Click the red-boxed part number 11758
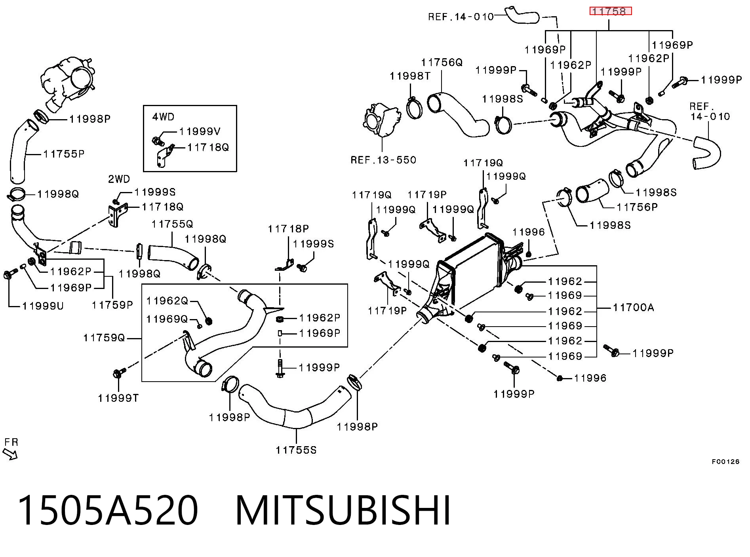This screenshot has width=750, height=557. pos(610,11)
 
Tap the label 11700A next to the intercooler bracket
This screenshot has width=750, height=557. pos(633,307)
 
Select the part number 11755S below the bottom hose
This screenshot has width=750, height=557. pos(296,450)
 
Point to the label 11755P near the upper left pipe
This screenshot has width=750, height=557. pos(64,154)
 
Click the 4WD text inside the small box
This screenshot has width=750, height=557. pos(163,117)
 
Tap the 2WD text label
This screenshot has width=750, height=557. pos(119,179)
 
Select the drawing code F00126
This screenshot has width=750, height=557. pos(725,462)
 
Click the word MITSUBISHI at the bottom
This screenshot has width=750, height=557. pos(343,510)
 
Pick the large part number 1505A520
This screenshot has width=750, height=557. pos(108,510)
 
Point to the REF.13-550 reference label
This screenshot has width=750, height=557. pos(383,160)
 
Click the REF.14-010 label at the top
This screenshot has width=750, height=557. pos(461,17)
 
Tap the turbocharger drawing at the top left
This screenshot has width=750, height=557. pos(67,83)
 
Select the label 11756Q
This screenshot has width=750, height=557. pos(442,63)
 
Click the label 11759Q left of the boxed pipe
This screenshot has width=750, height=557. pos(104,338)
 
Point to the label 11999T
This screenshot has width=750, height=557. pos(118,398)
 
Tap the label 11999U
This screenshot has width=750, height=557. pos(43,306)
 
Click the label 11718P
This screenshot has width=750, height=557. pos(288,229)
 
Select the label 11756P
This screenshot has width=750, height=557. pos(637,207)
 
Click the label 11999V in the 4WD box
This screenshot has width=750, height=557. pos(200,131)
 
